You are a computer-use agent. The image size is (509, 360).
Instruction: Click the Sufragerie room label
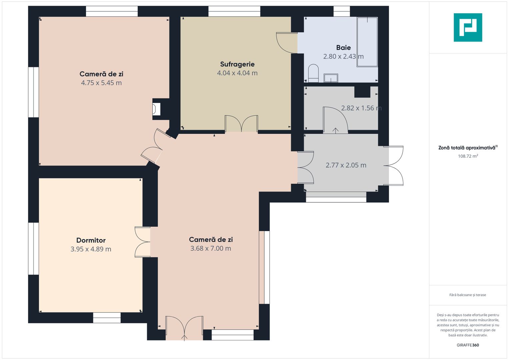click(237, 64)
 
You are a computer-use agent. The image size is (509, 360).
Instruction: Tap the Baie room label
click(343, 47)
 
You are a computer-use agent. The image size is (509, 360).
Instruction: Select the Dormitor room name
click(91, 240)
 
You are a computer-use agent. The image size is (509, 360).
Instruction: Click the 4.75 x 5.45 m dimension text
click(101, 83)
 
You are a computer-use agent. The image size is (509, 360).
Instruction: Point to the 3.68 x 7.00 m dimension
click(211, 248)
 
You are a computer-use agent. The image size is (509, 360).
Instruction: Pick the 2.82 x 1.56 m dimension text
click(361, 108)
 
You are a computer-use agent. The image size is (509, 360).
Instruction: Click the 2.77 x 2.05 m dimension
click(346, 165)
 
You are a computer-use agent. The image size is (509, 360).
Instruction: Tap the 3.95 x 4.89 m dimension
click(91, 249)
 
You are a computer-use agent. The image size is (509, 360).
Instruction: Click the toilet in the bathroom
click(313, 73)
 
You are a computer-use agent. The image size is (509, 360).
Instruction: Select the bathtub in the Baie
click(367, 42)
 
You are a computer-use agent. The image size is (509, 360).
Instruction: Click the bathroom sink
click(331, 78)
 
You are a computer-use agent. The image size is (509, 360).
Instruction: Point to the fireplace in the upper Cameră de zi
click(156, 109)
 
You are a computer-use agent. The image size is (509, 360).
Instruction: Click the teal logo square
click(468, 27)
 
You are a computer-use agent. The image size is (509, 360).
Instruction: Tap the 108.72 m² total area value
click(468, 156)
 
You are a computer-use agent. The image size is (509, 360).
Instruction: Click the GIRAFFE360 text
click(468, 345)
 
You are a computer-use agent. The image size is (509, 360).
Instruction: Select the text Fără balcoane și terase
click(468, 295)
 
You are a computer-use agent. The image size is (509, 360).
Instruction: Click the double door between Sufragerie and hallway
click(241, 124)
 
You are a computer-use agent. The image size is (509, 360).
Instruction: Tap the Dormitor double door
click(142, 242)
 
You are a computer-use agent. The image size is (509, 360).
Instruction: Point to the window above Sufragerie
click(234, 11)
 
